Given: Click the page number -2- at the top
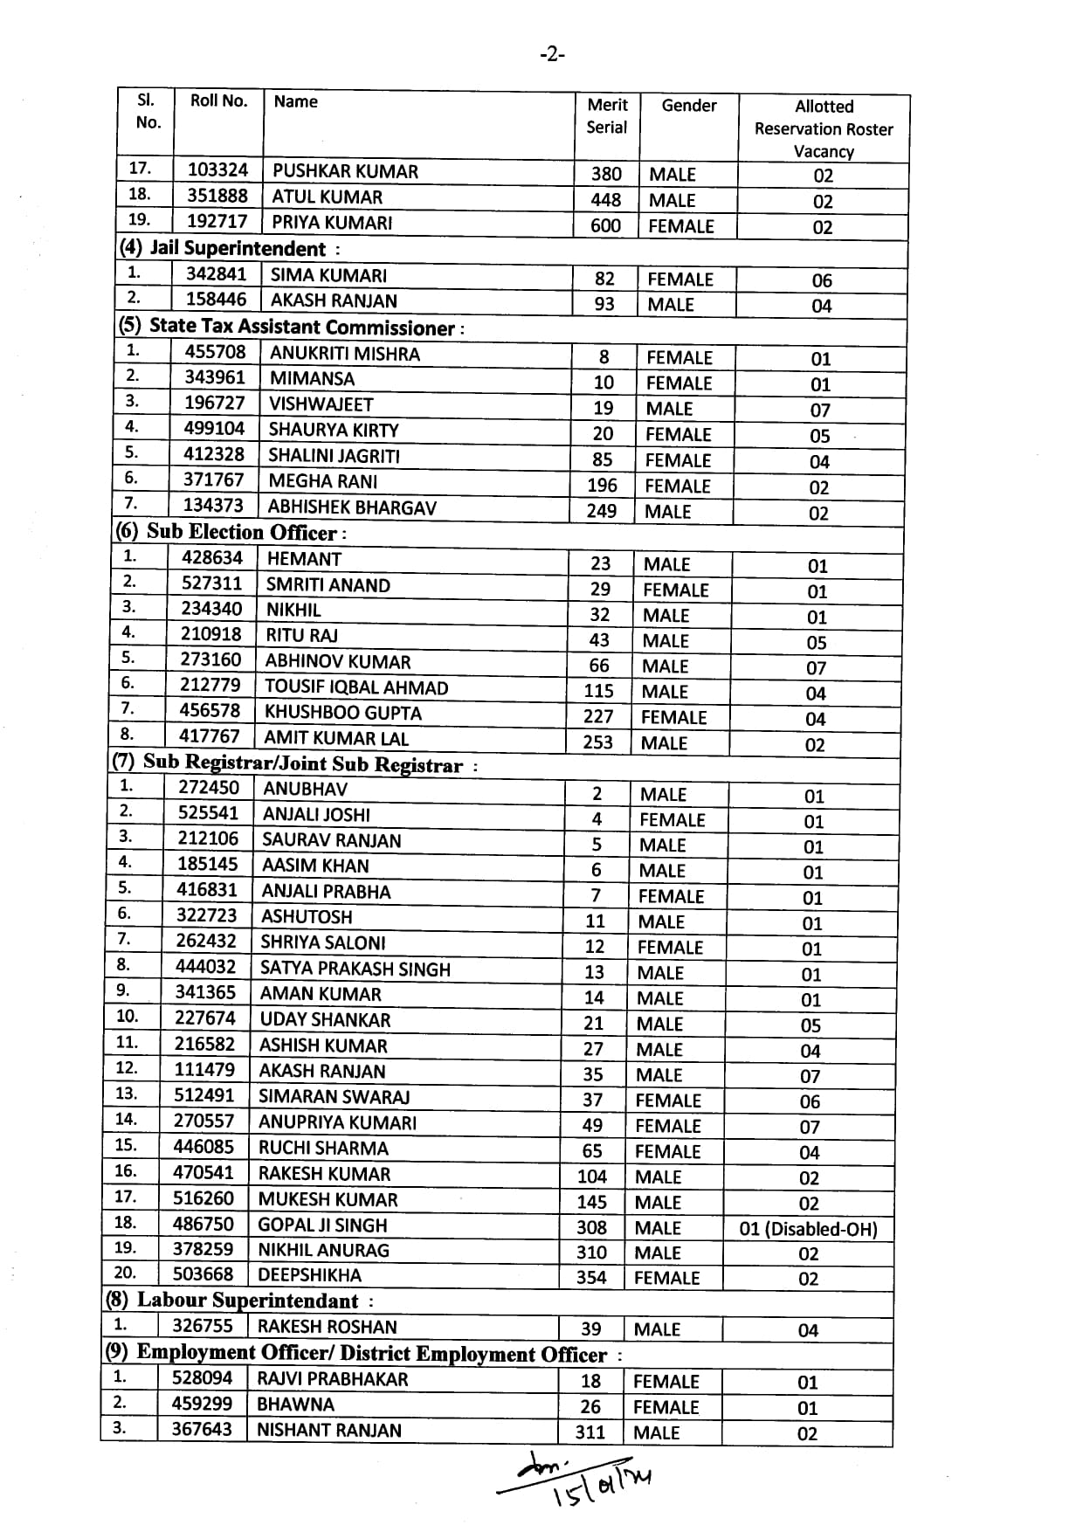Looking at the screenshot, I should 552,55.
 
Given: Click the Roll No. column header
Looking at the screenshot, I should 218,101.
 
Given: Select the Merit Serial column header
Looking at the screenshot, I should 607,116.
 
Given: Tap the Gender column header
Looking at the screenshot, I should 688,106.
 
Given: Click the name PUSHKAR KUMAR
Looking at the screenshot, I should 345,171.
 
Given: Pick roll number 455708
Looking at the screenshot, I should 215,352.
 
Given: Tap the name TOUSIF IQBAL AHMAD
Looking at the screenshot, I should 356,687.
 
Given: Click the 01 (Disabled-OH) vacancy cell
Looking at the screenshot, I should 808,1229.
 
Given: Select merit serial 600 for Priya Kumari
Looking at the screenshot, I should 605,226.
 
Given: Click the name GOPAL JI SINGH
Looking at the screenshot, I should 322,1225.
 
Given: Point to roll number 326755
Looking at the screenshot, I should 203,1326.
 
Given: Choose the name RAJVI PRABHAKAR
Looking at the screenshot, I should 333,1379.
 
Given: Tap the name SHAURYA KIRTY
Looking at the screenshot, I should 334,430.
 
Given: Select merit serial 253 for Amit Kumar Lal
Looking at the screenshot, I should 598,742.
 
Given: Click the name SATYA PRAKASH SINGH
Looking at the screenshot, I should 355,969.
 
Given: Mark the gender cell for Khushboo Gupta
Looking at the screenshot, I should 673,717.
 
